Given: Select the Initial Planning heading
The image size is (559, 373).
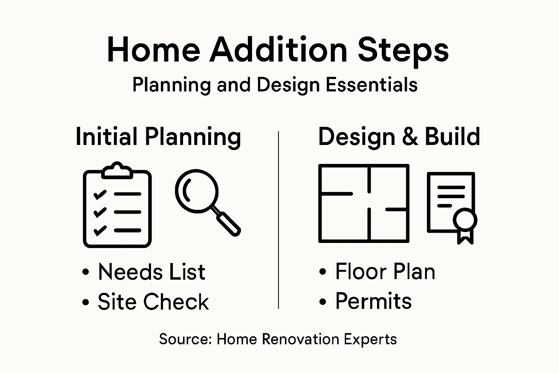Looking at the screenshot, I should point(158,137).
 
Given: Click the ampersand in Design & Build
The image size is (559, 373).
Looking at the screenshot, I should point(410,137).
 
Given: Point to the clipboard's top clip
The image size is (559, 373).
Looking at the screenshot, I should point(117,170).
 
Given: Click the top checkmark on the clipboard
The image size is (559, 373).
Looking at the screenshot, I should point(100,194).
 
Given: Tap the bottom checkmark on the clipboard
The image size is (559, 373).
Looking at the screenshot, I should point(100,230).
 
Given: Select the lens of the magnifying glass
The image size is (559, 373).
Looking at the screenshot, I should point(196,191).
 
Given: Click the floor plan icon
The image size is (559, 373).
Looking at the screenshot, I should point(364,203).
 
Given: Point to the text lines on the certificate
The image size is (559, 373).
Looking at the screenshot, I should point(451,196).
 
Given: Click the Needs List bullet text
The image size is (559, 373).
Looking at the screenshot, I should point(151,272).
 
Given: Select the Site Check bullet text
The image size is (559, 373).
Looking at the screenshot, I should point(153,302).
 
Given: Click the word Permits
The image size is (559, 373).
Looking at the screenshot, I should point(373,301).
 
